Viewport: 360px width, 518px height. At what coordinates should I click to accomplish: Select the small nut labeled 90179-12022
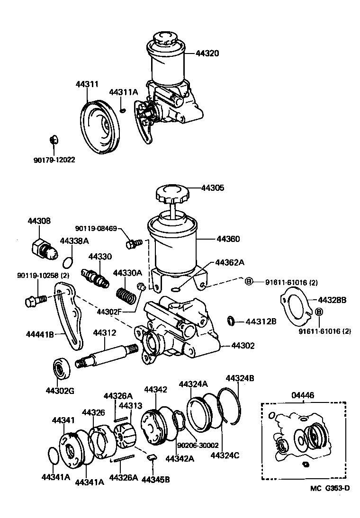point(54,140)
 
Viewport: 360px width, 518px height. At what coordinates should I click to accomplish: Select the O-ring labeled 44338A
point(68,261)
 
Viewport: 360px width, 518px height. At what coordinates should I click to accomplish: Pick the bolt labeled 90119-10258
point(35,300)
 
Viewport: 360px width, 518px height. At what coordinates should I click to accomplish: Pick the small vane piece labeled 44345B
point(151,457)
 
